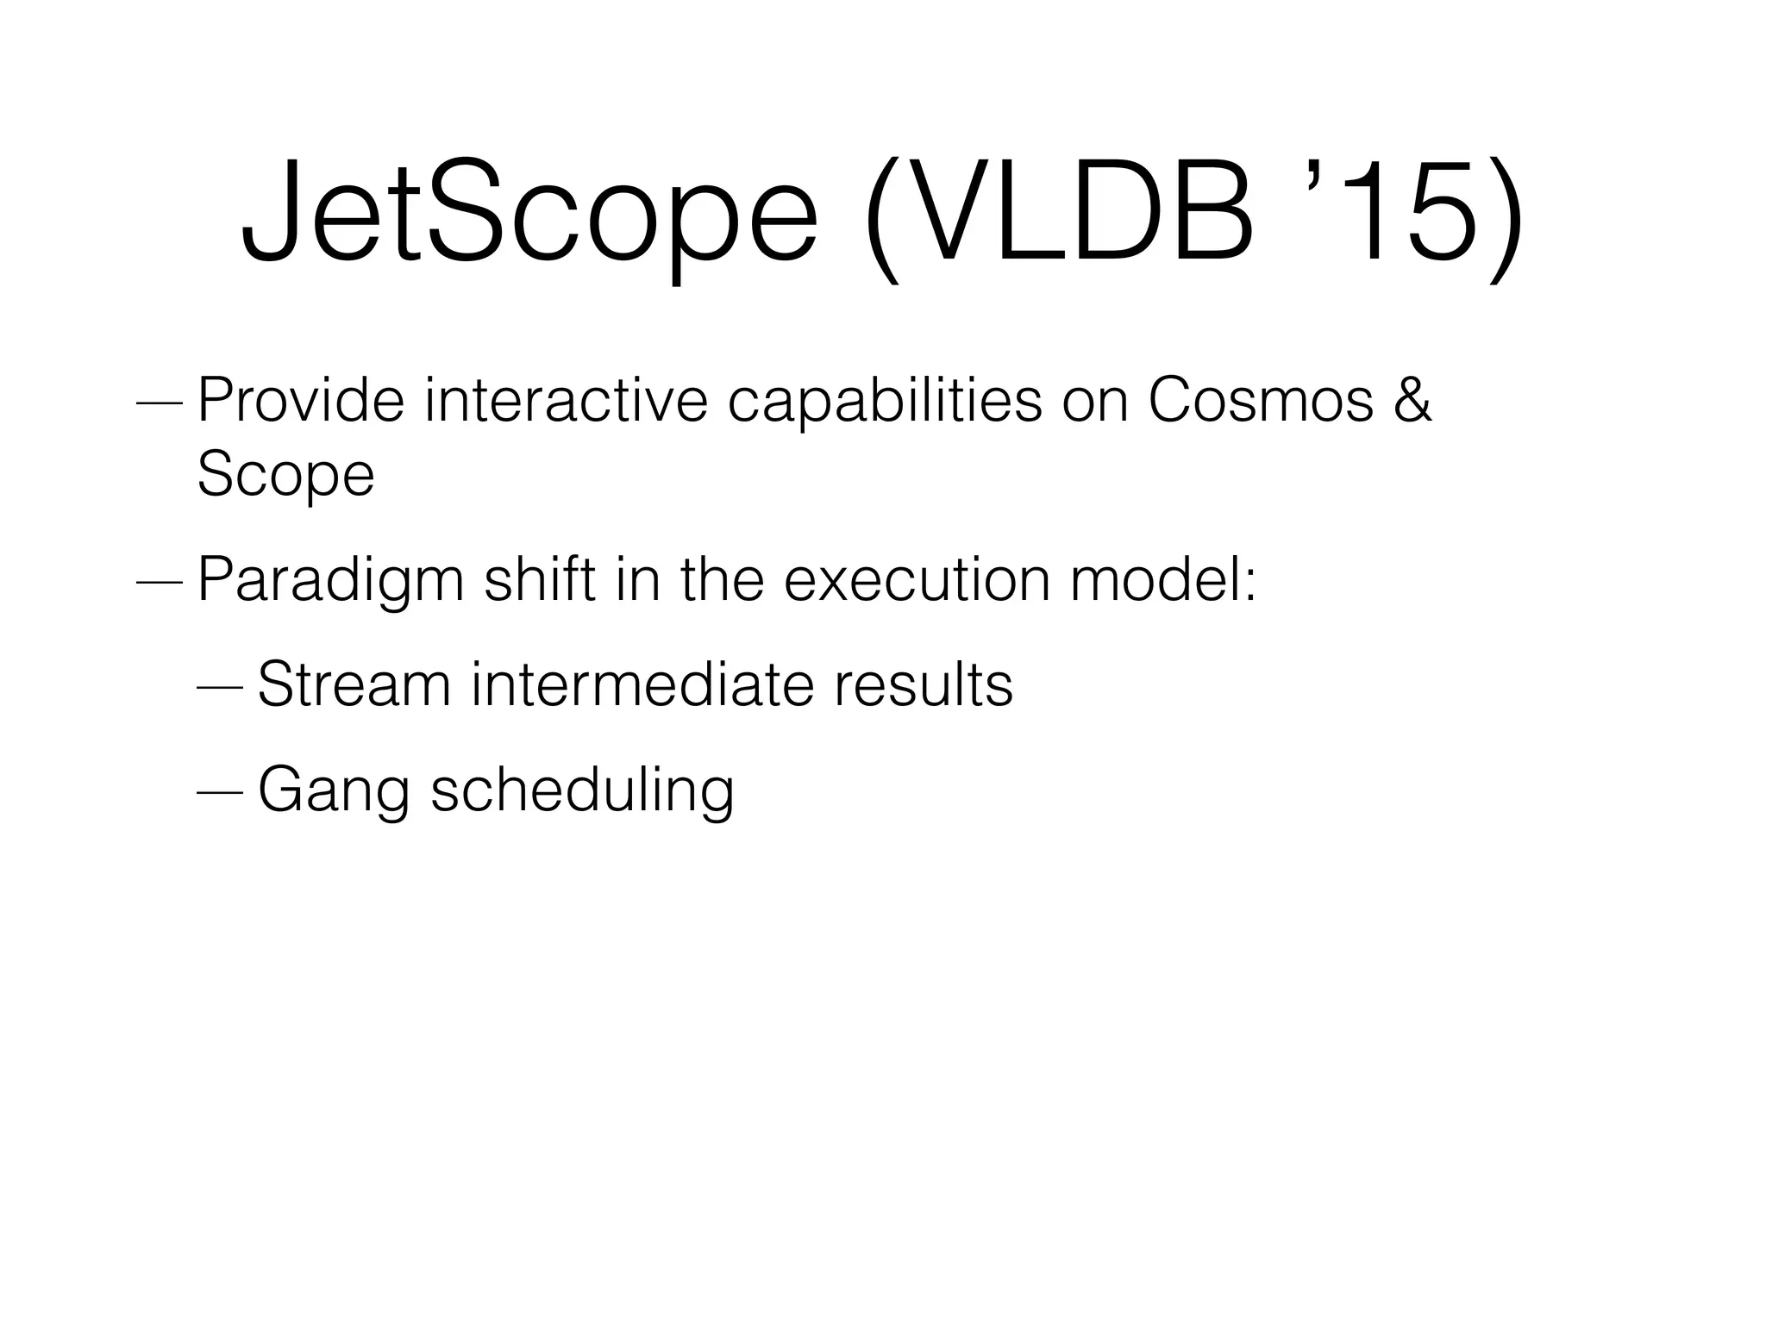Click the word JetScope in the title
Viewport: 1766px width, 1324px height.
tap(528, 211)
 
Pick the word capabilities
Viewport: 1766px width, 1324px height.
tap(885, 402)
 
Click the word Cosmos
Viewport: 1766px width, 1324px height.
tap(1260, 400)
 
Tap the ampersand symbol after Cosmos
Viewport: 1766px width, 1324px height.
tap(1412, 400)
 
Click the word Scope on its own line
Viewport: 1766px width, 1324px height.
tap(285, 476)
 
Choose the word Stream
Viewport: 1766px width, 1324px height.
tap(354, 684)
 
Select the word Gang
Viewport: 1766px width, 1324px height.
tap(334, 791)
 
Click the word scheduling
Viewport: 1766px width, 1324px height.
tap(582, 791)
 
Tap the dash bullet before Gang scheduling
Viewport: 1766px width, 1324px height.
tap(221, 791)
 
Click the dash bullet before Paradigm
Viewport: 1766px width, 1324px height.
tap(160, 582)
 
